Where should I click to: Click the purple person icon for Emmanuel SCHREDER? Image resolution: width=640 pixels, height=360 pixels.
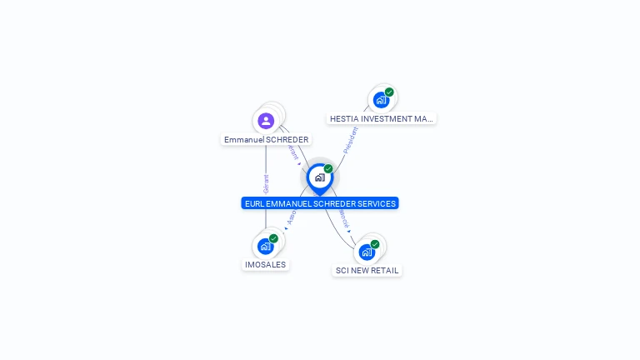click(266, 121)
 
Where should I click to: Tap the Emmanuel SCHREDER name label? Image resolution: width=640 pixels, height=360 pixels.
click(266, 140)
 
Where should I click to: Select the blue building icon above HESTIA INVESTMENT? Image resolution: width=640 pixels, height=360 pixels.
click(381, 100)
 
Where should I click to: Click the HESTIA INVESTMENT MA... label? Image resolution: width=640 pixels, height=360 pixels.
click(381, 119)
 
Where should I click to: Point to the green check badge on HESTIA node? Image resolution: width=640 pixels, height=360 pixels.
click(389, 92)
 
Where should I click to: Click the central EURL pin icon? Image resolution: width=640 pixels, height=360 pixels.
click(319, 177)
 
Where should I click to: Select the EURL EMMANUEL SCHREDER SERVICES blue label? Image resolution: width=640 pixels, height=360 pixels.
click(319, 203)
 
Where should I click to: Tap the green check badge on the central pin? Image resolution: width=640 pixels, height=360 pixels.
click(328, 169)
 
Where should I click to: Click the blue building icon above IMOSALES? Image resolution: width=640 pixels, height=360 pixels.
click(265, 246)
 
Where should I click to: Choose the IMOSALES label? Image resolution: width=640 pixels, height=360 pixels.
click(265, 265)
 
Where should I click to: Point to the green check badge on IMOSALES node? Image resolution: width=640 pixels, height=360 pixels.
click(273, 238)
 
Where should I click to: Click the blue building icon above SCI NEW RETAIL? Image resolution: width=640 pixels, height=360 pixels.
click(367, 252)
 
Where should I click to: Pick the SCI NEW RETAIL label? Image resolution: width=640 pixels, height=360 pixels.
click(367, 271)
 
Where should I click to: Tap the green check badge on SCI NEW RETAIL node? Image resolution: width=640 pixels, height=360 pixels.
click(375, 244)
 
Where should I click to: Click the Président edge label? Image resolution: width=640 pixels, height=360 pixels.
click(351, 139)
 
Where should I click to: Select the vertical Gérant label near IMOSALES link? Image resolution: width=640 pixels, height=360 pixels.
click(266, 184)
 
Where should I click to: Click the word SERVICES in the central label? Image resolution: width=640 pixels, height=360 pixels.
click(375, 203)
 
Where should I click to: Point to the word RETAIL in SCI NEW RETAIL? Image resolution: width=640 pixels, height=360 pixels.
click(384, 271)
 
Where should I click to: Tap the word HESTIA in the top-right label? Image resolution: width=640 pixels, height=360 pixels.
click(345, 119)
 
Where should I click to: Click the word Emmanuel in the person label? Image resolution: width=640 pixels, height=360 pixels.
click(243, 140)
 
